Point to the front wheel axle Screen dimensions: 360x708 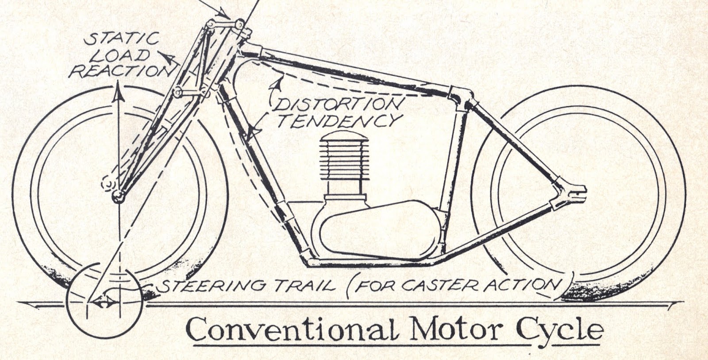point(117,195)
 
